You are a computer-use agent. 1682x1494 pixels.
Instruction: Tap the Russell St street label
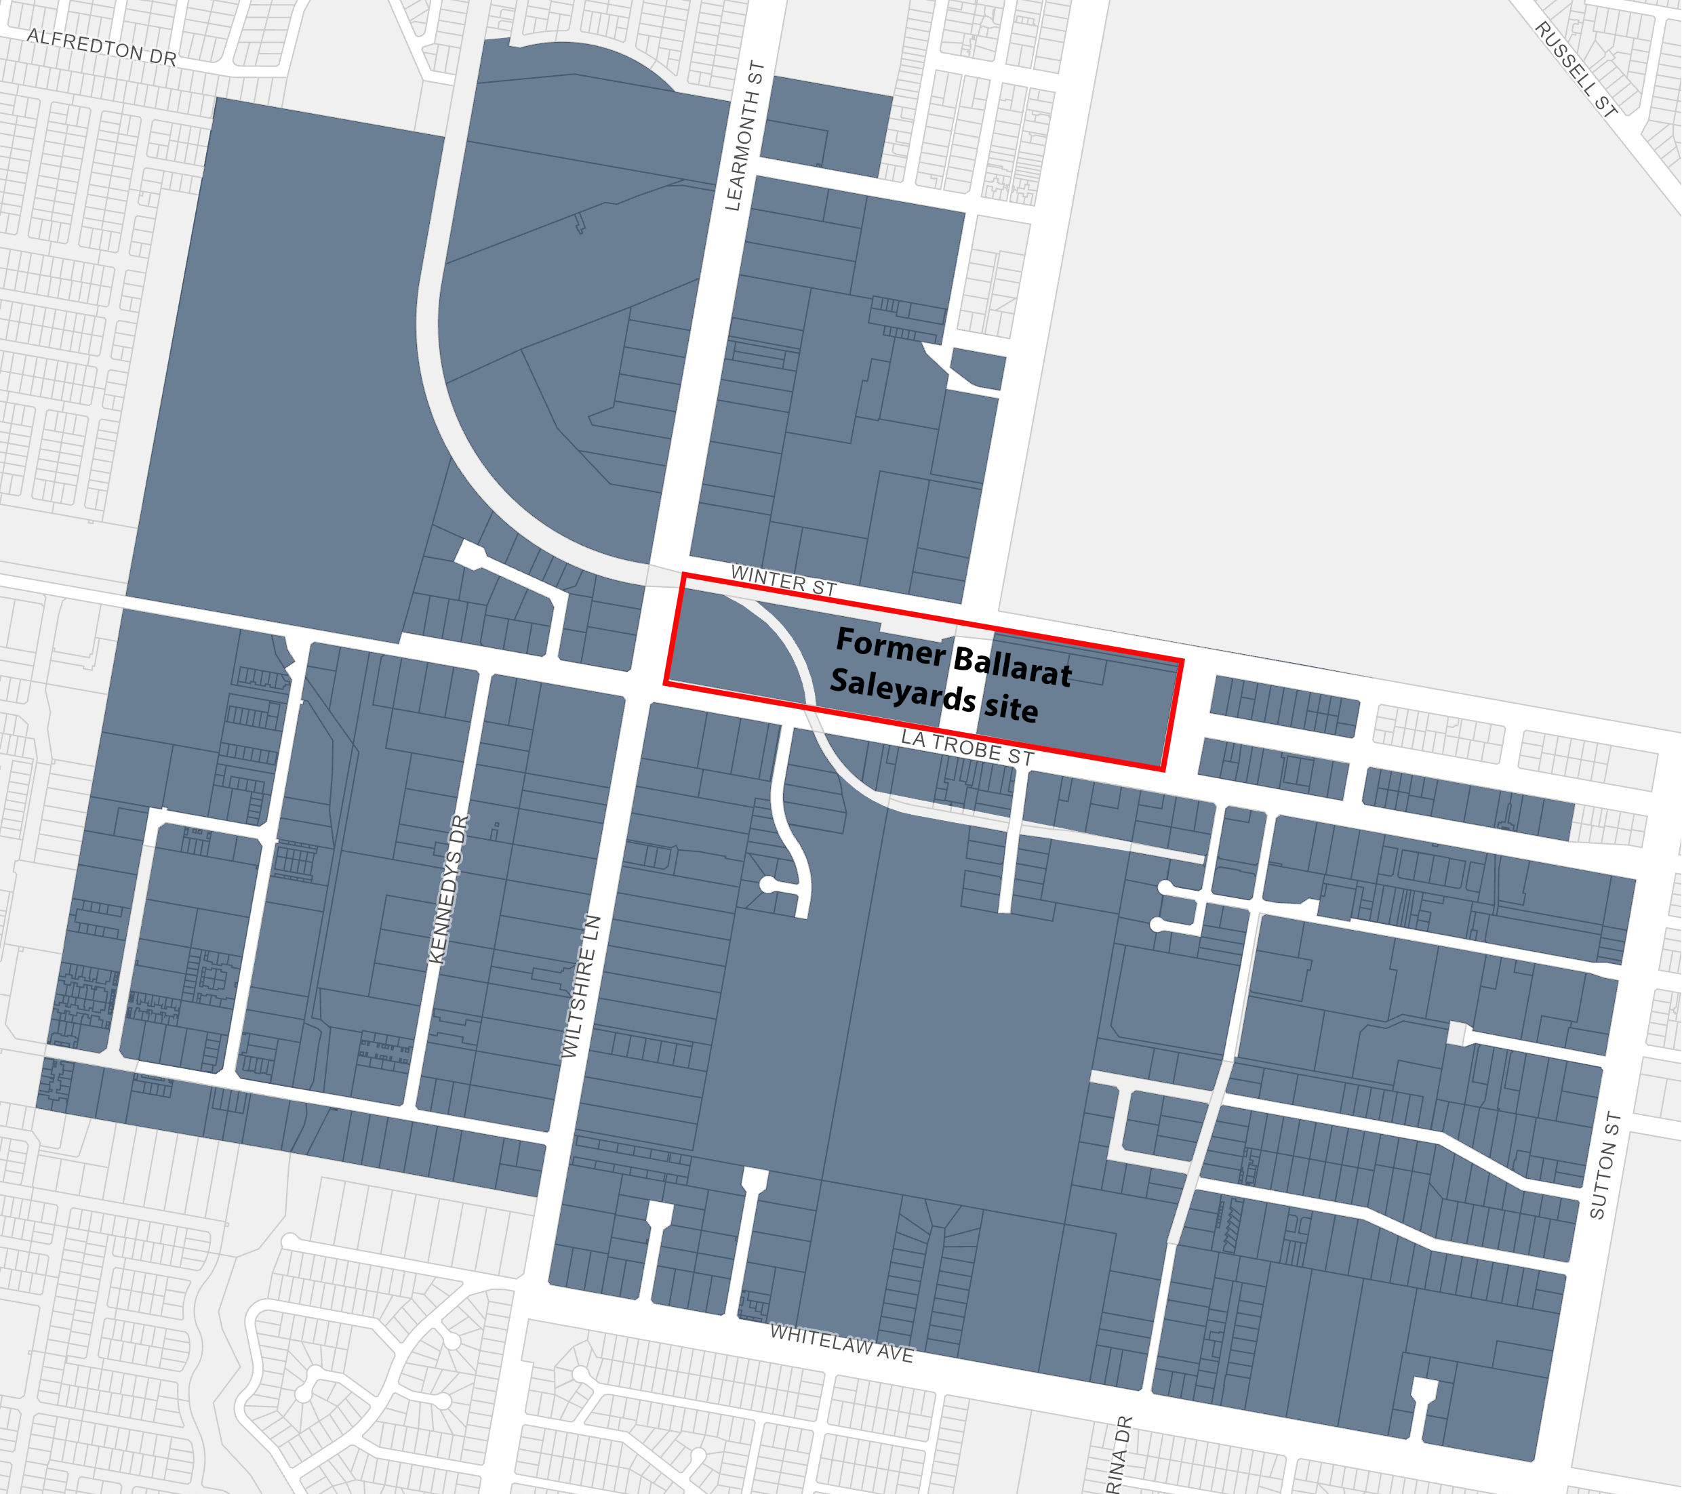[x=1576, y=69]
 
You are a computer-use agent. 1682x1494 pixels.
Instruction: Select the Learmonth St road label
[x=744, y=136]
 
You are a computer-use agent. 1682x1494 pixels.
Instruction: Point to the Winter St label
[x=784, y=581]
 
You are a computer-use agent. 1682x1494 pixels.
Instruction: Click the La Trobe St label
[x=967, y=747]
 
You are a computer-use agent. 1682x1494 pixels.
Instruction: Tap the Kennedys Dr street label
[x=449, y=889]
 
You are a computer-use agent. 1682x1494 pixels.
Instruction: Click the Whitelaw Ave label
[x=841, y=1344]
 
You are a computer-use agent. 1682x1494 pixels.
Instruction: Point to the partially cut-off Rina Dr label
[x=1119, y=1456]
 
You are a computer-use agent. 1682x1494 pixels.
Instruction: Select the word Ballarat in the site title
[x=1012, y=666]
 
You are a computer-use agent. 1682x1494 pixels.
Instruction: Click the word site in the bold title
[x=1012, y=708]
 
